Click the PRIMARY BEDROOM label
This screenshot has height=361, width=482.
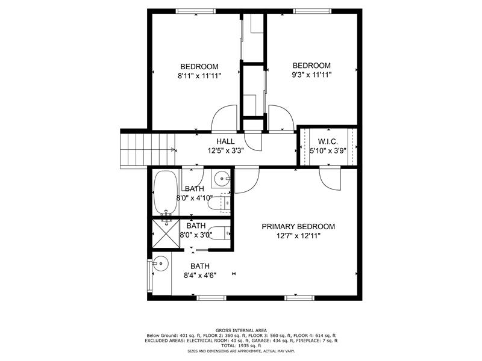pos(298,227)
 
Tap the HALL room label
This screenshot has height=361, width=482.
pos(225,141)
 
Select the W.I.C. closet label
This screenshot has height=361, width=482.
pos(328,141)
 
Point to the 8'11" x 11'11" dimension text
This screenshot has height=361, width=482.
pos(199,76)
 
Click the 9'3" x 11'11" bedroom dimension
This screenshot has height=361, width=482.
pos(311,75)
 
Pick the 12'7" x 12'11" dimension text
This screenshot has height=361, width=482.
pos(298,236)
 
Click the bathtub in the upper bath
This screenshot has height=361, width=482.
pos(166,193)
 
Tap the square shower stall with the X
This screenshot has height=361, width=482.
pos(166,233)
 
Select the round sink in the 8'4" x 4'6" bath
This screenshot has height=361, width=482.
pos(160,264)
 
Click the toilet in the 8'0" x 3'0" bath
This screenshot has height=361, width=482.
pos(219,233)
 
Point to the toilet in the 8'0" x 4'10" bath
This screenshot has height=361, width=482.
pos(219,203)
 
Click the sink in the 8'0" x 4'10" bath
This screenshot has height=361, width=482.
pos(221,179)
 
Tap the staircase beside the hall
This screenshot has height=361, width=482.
pos(148,150)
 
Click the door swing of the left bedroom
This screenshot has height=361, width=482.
pos(224,118)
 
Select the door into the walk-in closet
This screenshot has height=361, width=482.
pos(330,179)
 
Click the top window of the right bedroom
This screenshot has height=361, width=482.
pos(312,11)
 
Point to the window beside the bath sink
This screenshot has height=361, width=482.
pos(149,276)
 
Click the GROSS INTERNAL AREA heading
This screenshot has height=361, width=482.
pos(241,330)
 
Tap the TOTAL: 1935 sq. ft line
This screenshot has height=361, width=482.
pos(241,345)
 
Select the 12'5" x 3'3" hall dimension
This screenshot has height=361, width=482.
pos(225,151)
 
